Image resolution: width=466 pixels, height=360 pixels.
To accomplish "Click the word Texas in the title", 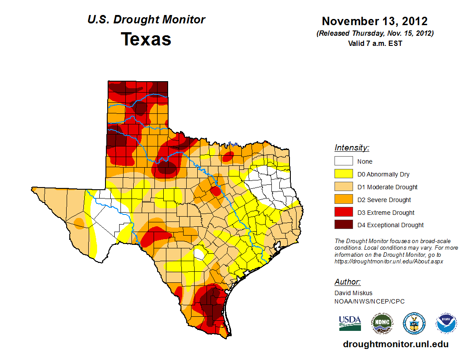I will (146, 39).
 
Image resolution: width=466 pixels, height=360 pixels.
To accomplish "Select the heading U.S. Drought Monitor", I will (146, 20).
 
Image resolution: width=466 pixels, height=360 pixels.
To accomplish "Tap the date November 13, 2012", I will (375, 21).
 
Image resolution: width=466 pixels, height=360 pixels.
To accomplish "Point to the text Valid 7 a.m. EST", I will (375, 43).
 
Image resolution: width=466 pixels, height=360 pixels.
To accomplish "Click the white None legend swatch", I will (343, 161).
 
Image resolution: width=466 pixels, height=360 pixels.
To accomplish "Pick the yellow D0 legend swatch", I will (343, 174).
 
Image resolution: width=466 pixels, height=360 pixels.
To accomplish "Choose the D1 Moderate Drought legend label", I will (387, 187).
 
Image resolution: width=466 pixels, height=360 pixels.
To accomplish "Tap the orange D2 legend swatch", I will (343, 199).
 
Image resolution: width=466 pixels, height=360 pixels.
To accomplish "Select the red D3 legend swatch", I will (343, 212).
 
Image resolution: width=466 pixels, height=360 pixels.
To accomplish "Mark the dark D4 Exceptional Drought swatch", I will (343, 225).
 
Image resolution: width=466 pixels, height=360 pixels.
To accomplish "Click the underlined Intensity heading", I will (352, 148).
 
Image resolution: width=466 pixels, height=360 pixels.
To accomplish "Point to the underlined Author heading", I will (348, 282).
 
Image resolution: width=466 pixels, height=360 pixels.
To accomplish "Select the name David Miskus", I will (353, 293).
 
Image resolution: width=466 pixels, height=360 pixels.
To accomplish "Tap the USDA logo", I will (350, 323).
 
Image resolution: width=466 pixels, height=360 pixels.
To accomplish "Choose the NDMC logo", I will (382, 323).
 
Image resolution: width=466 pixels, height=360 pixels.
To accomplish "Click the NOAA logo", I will (446, 323).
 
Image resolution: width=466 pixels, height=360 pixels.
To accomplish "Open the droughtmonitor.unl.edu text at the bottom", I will (395, 345).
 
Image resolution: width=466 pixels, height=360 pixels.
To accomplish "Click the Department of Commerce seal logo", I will (414, 323).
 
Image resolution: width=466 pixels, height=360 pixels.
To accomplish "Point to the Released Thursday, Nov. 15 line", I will (375, 34).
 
